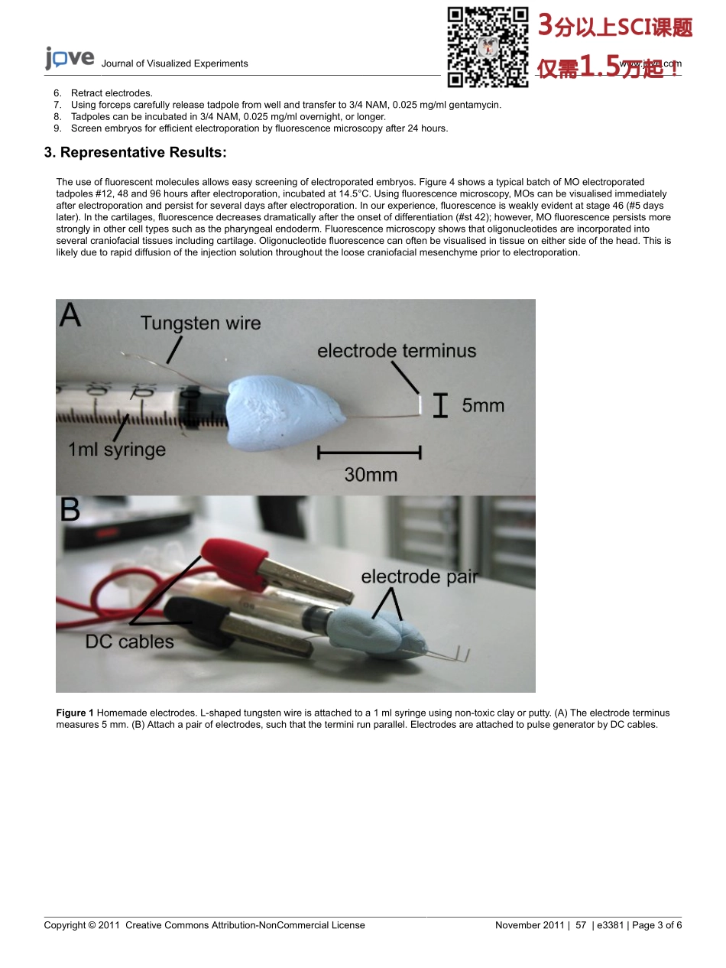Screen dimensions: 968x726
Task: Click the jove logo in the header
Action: [70, 59]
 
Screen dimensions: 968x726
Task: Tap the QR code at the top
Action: [488, 46]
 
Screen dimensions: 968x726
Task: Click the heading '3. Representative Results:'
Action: [135, 152]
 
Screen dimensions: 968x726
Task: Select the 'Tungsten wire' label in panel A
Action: [200, 323]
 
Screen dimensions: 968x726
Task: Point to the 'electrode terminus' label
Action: [397, 351]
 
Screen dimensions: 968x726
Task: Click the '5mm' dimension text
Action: [483, 404]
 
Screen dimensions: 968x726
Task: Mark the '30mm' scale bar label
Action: [371, 474]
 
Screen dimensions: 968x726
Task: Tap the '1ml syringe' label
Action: [117, 450]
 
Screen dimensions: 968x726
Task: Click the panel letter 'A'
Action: [70, 316]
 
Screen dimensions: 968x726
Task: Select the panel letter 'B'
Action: [70, 510]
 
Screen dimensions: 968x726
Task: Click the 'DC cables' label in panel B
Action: [130, 642]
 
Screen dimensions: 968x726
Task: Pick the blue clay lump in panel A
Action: [284, 411]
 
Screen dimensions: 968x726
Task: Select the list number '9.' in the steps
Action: [57, 128]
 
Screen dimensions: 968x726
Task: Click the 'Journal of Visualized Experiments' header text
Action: [174, 63]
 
